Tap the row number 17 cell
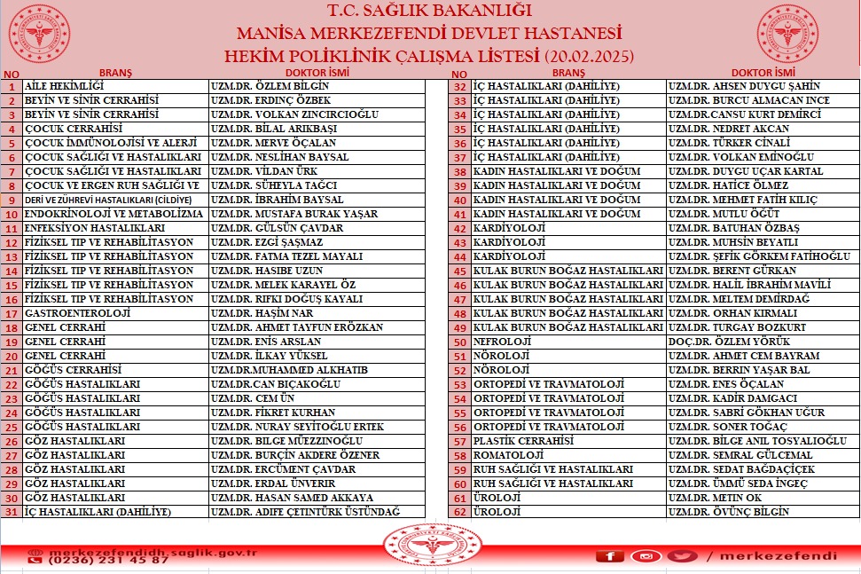(x=12, y=313)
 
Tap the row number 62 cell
(x=459, y=512)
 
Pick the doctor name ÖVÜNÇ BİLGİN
(x=728, y=512)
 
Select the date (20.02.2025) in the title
(x=590, y=56)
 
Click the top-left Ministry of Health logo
(x=39, y=33)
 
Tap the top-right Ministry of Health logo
(x=787, y=33)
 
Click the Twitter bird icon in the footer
(x=681, y=556)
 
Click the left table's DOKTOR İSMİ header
(x=317, y=73)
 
